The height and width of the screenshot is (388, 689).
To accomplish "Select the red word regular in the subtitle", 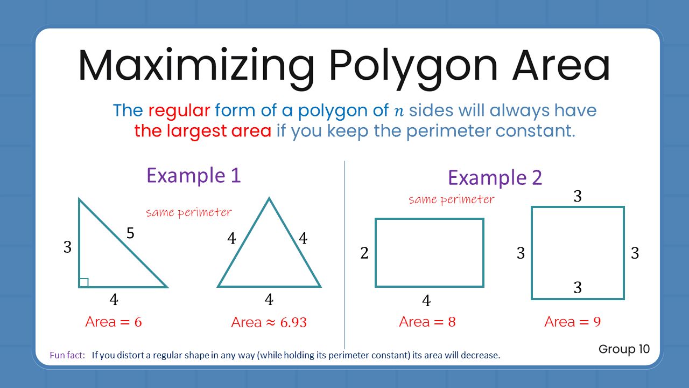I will pos(179,110).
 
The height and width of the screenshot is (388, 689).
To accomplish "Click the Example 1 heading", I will pos(193,176).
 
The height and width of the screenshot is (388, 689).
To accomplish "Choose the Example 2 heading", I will pos(495,177).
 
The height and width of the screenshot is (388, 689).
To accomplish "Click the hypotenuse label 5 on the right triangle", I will pos(130,233).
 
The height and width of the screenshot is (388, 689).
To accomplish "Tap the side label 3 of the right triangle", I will pos(67,247).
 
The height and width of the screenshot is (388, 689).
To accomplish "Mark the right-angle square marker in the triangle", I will pos(84,282).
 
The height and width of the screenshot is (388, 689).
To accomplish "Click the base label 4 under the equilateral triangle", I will pos(269,300).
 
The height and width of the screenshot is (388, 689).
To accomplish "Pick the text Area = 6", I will pos(114,322).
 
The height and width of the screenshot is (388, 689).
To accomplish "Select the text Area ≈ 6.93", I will pos(269,322).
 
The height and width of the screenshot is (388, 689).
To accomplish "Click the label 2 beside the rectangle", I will pos(364,253).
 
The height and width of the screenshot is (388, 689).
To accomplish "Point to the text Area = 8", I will pos(427,322).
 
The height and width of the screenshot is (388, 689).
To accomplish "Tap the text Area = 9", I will pos(572,322).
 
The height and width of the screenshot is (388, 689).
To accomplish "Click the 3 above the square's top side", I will pos(578,197).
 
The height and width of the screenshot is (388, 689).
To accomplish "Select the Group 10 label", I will pos(624,349).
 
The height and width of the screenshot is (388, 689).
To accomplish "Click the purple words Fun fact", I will pos(67,355).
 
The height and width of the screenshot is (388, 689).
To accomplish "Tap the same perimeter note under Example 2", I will pos(451,199).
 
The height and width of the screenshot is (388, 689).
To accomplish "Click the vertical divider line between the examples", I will pos(344,253).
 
